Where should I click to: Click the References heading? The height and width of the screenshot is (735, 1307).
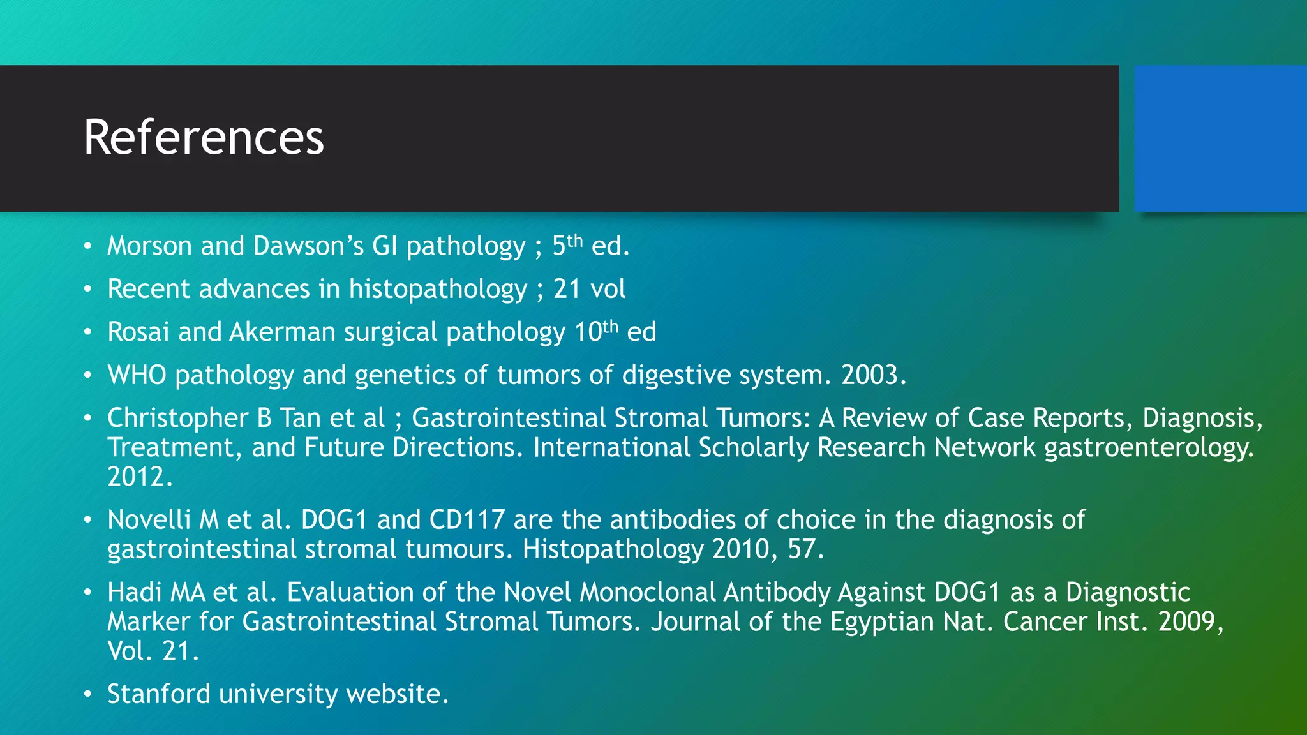click(x=204, y=138)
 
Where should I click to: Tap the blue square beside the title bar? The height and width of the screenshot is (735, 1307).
click(x=1220, y=138)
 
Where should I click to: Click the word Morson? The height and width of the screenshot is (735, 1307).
click(x=149, y=246)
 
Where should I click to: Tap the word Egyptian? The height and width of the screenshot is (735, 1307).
click(x=881, y=622)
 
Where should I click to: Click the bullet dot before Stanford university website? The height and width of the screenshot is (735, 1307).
click(x=88, y=694)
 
